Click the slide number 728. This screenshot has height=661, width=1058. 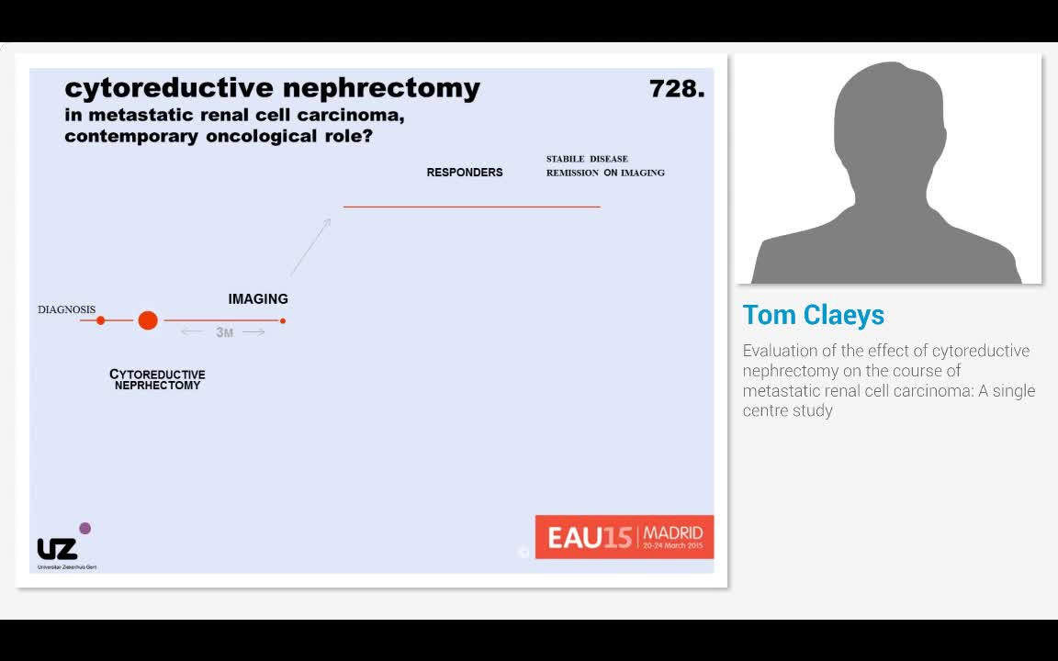coord(676,89)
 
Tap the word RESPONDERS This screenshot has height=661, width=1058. coord(465,173)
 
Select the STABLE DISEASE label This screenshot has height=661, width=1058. coord(587,159)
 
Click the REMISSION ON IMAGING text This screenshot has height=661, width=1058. coord(605,173)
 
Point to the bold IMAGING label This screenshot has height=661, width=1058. coord(258,299)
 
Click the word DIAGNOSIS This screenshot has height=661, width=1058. coord(66,310)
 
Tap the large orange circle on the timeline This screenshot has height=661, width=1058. coord(148,320)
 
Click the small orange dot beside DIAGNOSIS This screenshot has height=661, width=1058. coord(101,320)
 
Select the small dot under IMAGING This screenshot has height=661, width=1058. coord(283,320)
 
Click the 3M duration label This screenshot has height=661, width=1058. coord(225,332)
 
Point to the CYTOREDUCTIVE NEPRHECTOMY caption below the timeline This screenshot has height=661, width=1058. coord(157,380)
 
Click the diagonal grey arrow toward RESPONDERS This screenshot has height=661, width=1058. coord(310,246)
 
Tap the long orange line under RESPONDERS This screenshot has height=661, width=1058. coord(471,207)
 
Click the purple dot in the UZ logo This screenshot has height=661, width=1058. coord(85,528)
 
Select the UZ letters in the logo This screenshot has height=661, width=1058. coord(57,549)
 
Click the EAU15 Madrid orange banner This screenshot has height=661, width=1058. coord(625,536)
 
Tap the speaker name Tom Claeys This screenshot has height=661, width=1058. coord(814,315)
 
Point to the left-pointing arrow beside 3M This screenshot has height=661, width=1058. coord(192,331)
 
